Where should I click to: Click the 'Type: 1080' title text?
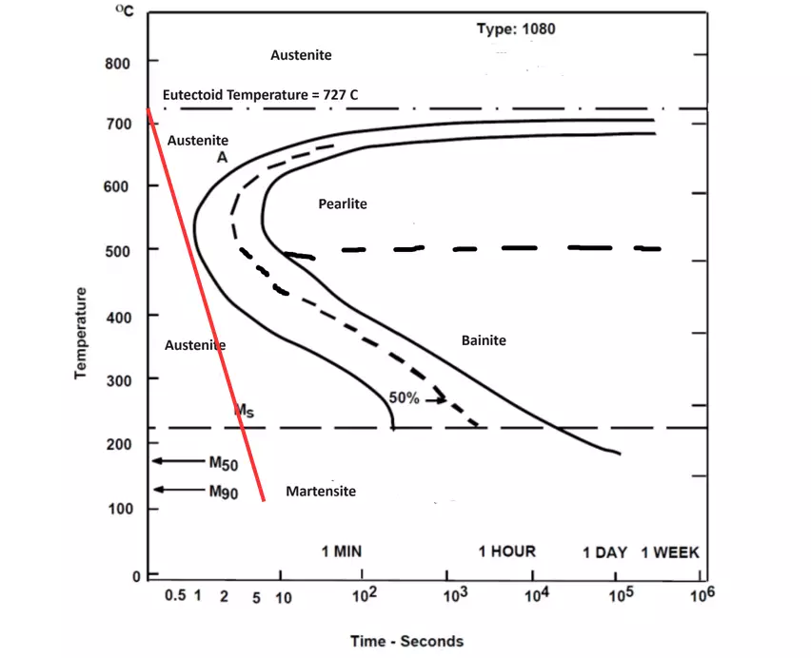[516, 29]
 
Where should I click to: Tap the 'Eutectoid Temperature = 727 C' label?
[260, 95]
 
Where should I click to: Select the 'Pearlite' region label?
[343, 203]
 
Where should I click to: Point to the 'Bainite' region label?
[484, 340]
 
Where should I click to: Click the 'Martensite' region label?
[321, 491]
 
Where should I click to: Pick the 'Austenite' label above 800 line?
[301, 55]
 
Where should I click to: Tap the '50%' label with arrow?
[405, 398]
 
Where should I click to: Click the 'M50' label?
[223, 463]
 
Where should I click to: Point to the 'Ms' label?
[244, 410]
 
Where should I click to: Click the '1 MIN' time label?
[341, 552]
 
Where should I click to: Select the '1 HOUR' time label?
[506, 552]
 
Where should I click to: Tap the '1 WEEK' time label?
[670, 552]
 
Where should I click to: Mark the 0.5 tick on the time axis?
[175, 596]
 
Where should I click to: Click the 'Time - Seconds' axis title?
[406, 641]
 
